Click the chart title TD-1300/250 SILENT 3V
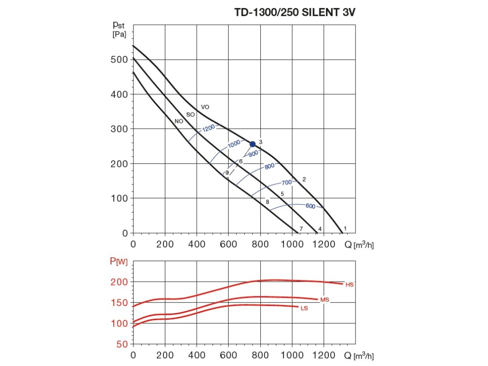[295, 13]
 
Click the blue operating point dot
[253, 144]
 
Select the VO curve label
[205, 107]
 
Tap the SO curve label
[190, 115]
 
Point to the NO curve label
[179, 122]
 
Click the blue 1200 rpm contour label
[208, 129]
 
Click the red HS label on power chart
[350, 285]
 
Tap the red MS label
[325, 300]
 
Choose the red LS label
[304, 308]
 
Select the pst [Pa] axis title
[120, 29]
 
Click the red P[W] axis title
[118, 261]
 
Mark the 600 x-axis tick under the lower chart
[228, 355]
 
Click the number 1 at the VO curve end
[345, 229]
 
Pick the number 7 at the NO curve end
[301, 229]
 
